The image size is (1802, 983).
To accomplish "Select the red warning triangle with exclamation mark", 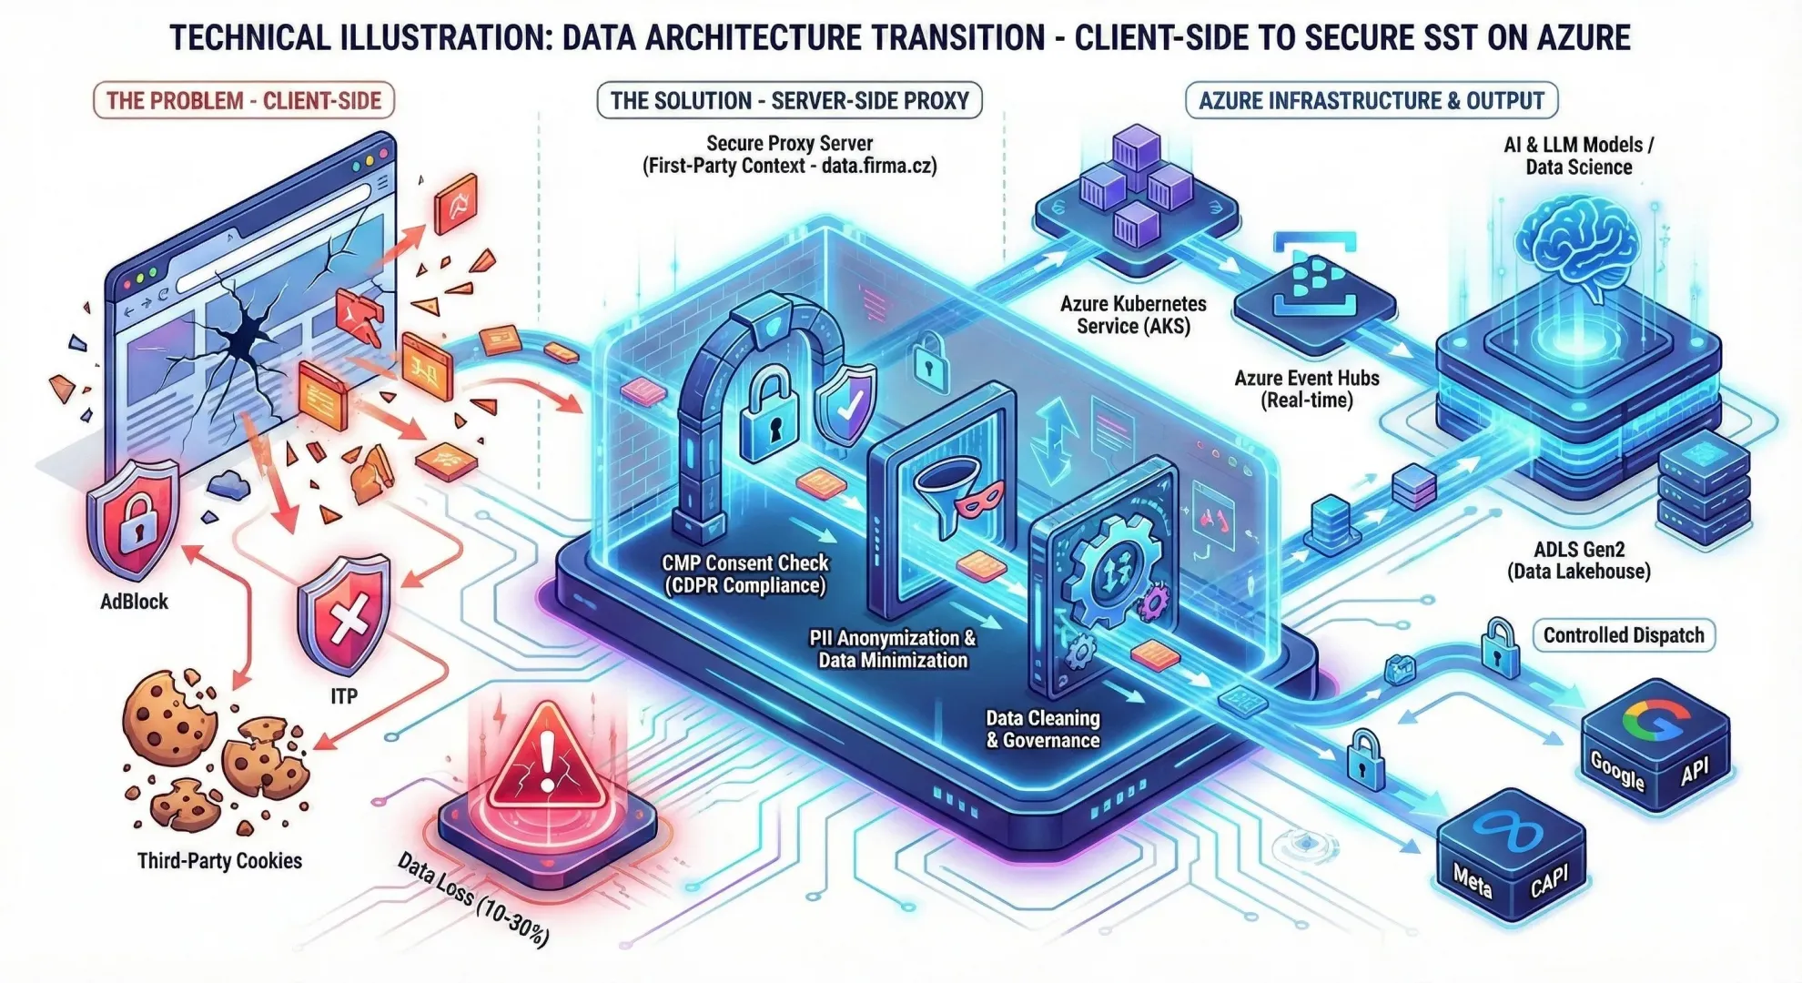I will [x=546, y=760].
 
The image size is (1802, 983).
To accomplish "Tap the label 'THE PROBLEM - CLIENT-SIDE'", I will [x=244, y=100].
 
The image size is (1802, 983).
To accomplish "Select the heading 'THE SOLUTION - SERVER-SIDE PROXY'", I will [x=789, y=100].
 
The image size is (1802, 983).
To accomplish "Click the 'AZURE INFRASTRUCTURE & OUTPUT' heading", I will [x=1372, y=100].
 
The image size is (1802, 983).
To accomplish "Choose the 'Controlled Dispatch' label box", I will [x=1624, y=635].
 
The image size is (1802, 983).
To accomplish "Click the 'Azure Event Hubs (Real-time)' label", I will [x=1306, y=389].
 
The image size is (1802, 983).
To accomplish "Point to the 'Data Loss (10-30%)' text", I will [x=473, y=900].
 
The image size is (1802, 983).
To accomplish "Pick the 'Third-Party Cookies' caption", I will [x=219, y=861].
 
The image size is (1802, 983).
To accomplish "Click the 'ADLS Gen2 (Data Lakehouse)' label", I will [x=1579, y=560].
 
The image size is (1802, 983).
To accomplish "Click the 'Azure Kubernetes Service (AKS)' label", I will [x=1133, y=315].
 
